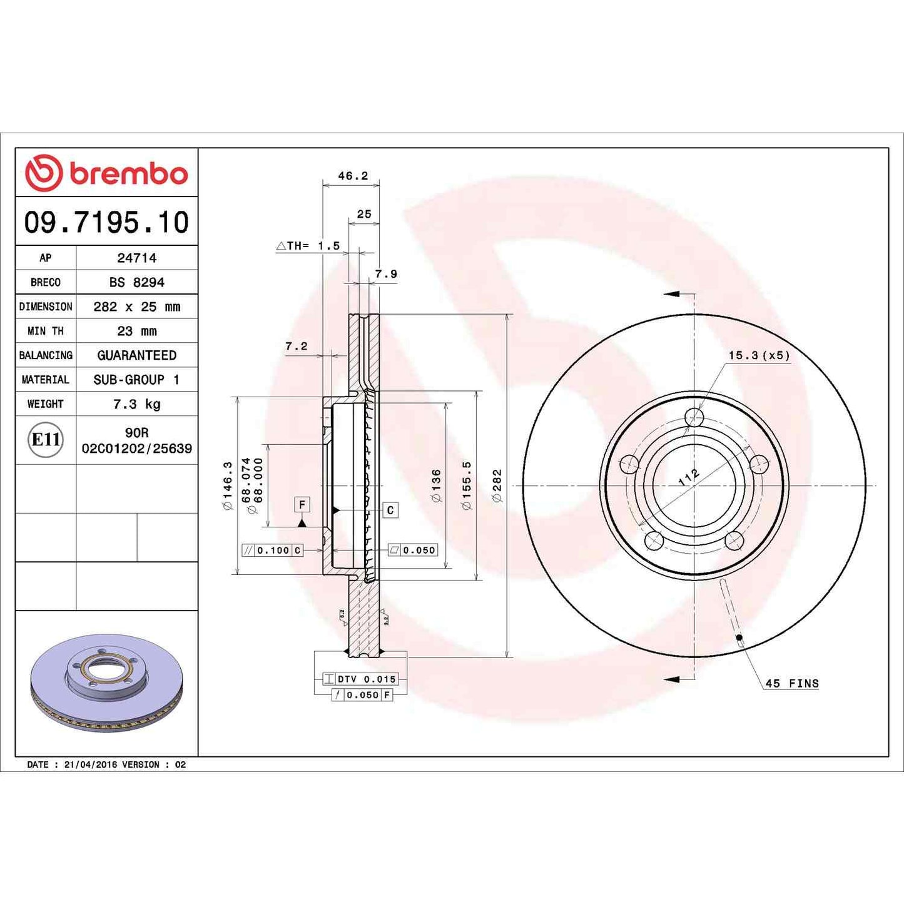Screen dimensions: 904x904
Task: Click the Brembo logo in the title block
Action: (106, 173)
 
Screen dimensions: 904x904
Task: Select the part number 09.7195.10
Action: (106, 223)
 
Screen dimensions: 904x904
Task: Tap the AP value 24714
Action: (136, 258)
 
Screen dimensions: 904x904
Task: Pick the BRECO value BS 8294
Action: (136, 282)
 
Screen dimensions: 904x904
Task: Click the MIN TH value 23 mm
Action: (136, 331)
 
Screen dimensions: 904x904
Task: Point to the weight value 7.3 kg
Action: (136, 404)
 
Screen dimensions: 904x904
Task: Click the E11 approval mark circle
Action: (46, 440)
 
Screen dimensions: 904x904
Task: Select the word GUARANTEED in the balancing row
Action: (136, 355)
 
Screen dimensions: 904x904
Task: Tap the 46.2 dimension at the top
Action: (353, 176)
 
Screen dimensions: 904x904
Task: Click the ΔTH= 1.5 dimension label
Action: (308, 246)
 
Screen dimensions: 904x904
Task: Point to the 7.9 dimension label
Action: (386, 274)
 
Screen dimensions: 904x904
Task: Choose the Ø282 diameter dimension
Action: (497, 485)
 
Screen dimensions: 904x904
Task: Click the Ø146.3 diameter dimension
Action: (228, 485)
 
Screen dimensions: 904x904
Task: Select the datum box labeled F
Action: (302, 504)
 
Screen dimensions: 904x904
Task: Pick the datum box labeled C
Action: (390, 510)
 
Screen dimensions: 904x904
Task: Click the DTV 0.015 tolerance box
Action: (360, 679)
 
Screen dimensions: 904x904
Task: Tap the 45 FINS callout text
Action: (792, 684)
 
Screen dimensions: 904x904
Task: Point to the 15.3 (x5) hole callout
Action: (759, 355)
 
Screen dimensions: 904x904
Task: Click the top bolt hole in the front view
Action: (694, 417)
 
